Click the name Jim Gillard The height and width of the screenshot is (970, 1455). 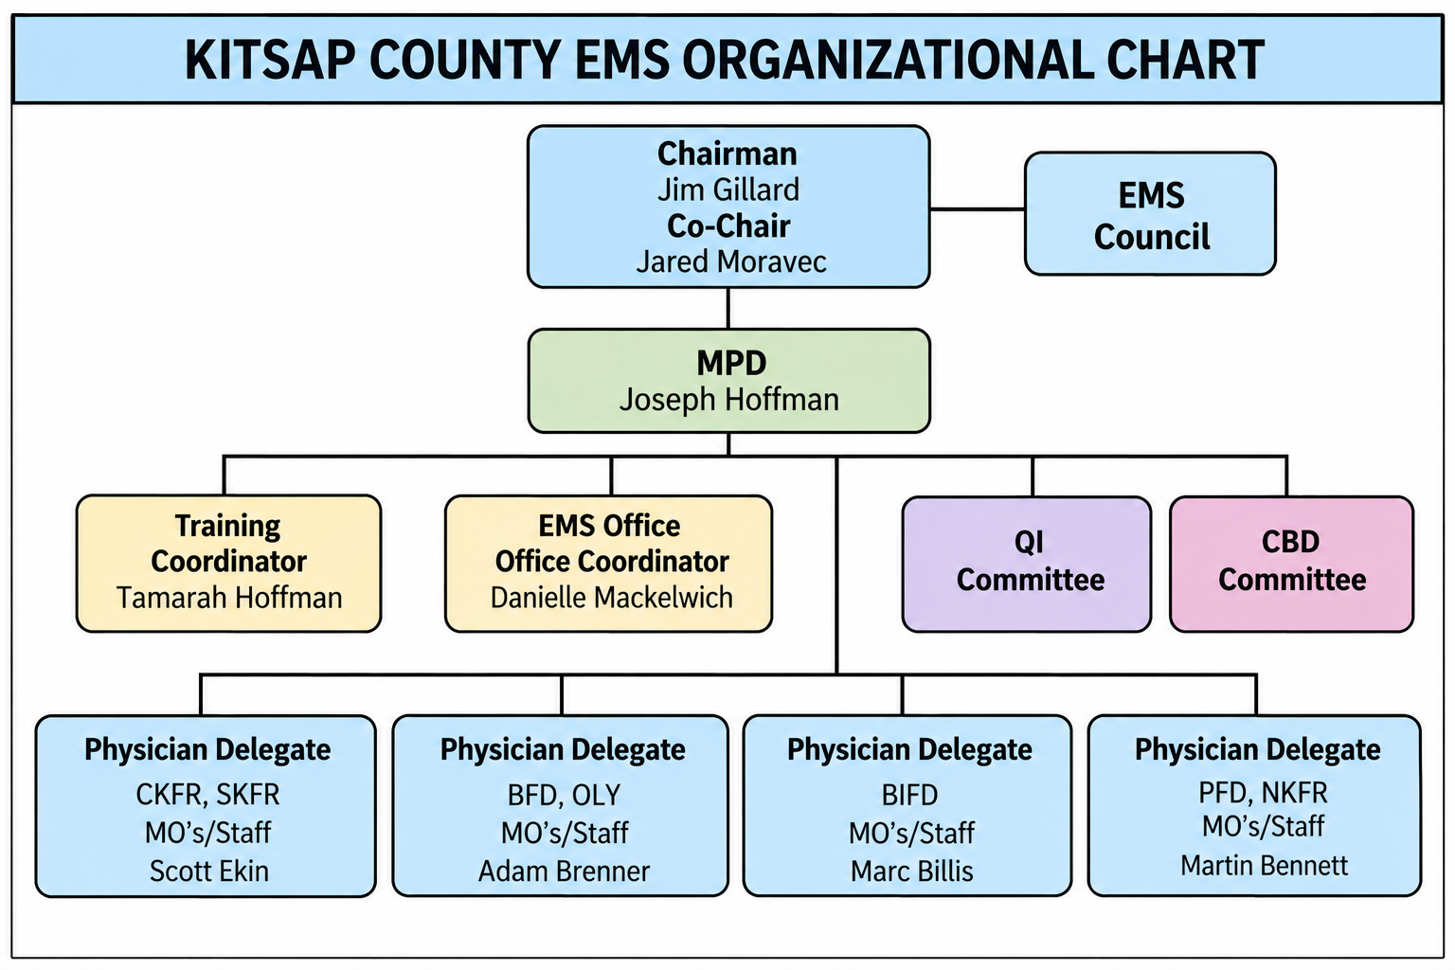point(728,189)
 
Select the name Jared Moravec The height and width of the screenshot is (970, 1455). point(730,261)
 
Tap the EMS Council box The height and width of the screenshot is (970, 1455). point(1150,214)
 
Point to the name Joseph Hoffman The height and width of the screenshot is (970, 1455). point(728,399)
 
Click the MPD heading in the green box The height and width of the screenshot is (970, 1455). point(731,363)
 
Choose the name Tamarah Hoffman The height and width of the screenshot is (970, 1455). point(228,598)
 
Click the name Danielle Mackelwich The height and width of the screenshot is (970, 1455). point(611,598)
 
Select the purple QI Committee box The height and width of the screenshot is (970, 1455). point(1027,564)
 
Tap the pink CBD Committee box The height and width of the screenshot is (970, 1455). point(1292,564)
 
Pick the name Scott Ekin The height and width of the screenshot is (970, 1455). point(209,871)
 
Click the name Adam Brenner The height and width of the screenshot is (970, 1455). point(564,871)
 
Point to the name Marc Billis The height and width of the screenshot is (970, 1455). point(912,871)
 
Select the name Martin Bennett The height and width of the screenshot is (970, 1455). point(1264,866)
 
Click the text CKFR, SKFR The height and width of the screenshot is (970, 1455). point(207,795)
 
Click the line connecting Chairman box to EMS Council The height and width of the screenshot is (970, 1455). point(978,209)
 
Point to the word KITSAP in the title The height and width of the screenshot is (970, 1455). point(270,60)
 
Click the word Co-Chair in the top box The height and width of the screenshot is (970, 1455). point(728,226)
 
